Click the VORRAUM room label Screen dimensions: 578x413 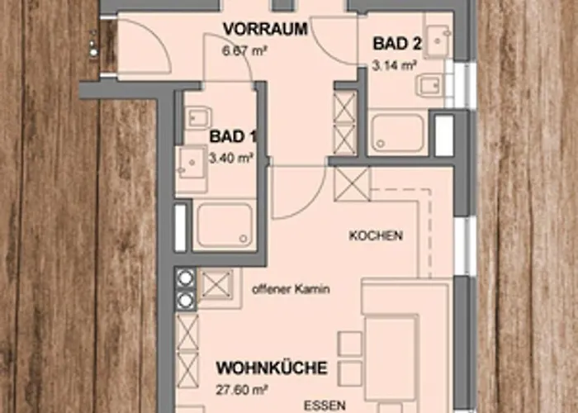(x=265, y=29)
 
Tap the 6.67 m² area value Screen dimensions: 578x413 (x=244, y=50)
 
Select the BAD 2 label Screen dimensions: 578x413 (x=397, y=44)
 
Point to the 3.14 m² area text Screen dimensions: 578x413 (x=394, y=66)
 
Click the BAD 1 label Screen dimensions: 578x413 (x=233, y=136)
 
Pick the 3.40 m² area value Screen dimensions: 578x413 (x=230, y=159)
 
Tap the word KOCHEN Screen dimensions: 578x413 (x=376, y=235)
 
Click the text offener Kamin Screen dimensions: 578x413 (x=291, y=289)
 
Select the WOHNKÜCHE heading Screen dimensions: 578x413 (x=272, y=368)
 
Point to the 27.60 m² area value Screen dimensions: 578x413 (x=242, y=390)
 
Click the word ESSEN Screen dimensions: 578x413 (x=325, y=406)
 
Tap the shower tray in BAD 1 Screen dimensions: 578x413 (x=225, y=225)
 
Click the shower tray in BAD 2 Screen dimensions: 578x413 (x=398, y=133)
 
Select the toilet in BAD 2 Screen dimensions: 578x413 (x=429, y=85)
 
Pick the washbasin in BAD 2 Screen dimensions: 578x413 (x=438, y=40)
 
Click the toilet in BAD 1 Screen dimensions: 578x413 (x=199, y=117)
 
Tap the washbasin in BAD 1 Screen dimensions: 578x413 (x=191, y=162)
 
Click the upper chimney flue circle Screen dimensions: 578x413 (x=185, y=278)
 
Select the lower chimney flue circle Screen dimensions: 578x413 (x=185, y=301)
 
